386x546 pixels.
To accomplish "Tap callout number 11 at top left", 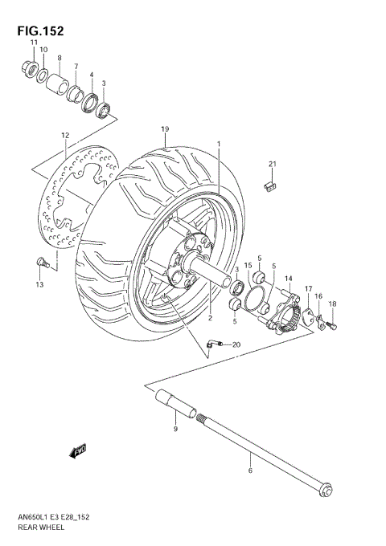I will pyautogui.click(x=35, y=42).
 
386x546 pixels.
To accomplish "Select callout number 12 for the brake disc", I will pyautogui.click(x=64, y=135).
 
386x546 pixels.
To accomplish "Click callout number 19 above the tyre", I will pyautogui.click(x=164, y=129).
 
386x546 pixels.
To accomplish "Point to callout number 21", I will pyautogui.click(x=272, y=165).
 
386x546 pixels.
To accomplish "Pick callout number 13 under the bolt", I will pyautogui.click(x=38, y=285).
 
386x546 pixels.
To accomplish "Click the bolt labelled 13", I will pyautogui.click(x=42, y=262).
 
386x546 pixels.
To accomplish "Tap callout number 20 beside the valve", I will pyautogui.click(x=236, y=344).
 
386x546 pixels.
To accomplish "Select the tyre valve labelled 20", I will pyautogui.click(x=211, y=344).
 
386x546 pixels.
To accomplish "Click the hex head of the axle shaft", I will pyautogui.click(x=325, y=491).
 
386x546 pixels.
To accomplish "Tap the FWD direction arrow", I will pyautogui.click(x=79, y=453).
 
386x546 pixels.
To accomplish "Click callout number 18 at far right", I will pyautogui.click(x=331, y=304).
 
